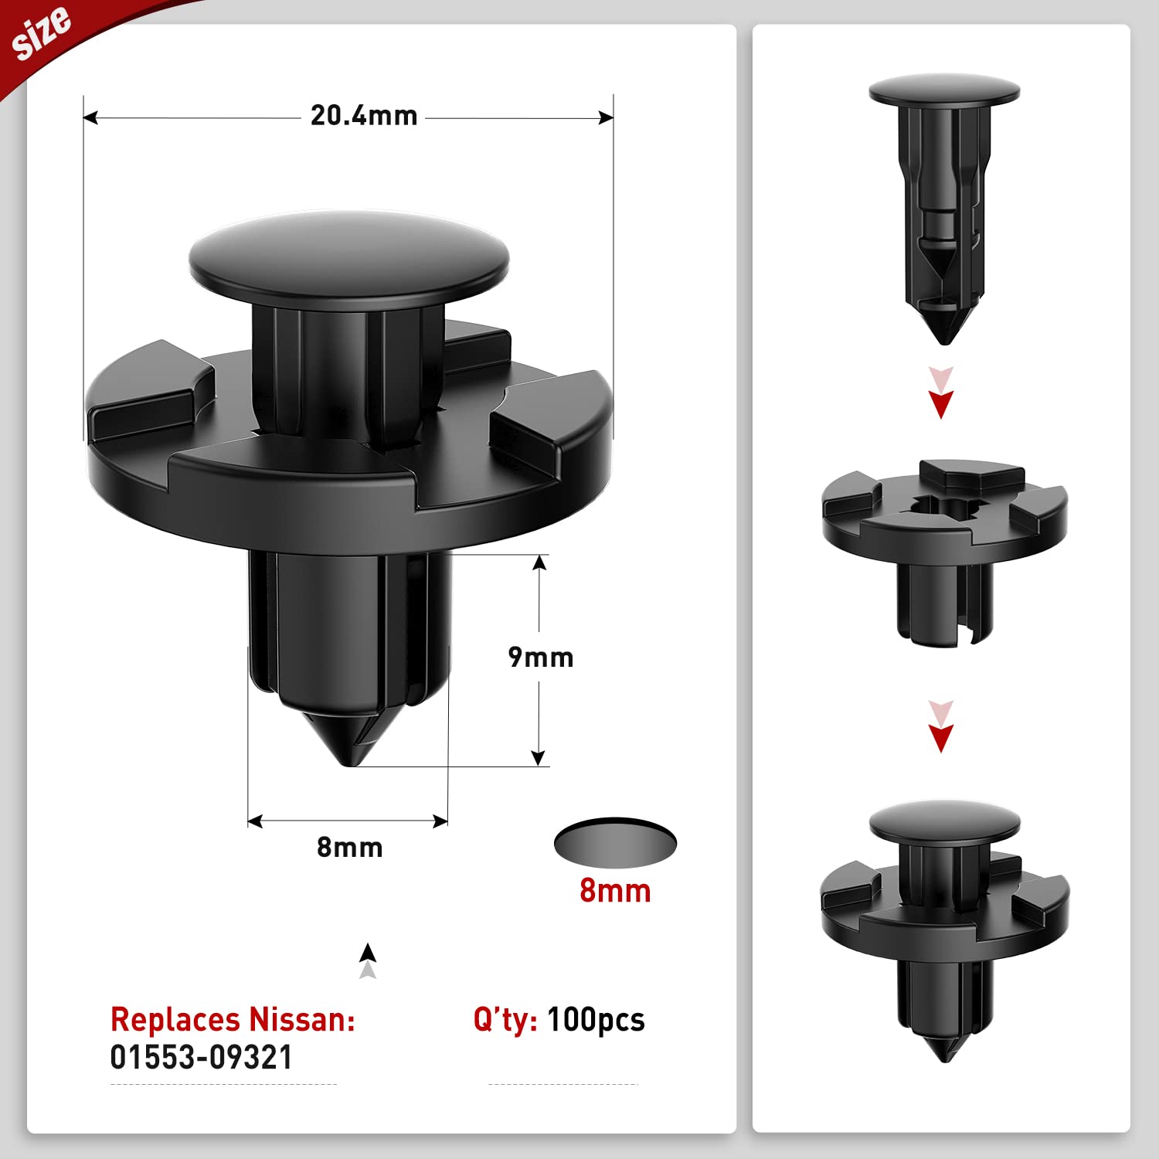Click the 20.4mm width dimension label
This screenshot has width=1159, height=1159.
(364, 116)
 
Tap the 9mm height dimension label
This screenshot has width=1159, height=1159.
(541, 658)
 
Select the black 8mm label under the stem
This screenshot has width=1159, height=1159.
(350, 848)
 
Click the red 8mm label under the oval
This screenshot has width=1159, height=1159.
(615, 891)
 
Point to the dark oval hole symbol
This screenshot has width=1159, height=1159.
(615, 842)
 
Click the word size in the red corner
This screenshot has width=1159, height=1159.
(42, 32)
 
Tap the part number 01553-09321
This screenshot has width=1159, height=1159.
(202, 1057)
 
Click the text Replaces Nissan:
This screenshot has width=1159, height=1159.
(233, 1019)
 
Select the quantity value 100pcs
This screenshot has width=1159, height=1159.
(596, 1020)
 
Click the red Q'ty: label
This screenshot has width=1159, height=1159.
(505, 1020)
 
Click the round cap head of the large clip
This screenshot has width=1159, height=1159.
(349, 259)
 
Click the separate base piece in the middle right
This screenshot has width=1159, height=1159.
(944, 541)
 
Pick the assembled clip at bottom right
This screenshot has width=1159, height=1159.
(944, 927)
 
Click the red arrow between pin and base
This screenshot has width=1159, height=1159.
(941, 402)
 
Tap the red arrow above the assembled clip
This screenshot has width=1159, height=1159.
(940, 736)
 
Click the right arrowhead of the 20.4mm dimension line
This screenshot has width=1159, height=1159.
(606, 117)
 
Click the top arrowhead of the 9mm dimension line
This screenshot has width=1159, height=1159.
(539, 563)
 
